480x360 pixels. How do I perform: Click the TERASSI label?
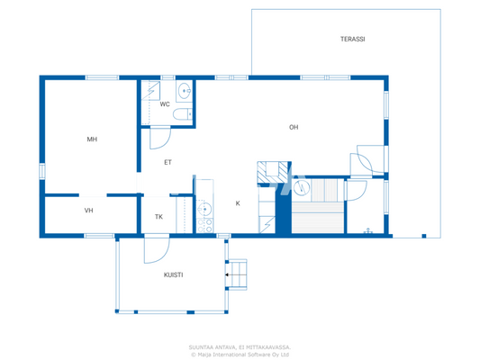pos(352,40)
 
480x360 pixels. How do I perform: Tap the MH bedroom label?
pos(92,139)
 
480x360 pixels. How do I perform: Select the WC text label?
pos(165,104)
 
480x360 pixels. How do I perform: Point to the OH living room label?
pos(294,128)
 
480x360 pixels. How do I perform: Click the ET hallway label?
pos(168,163)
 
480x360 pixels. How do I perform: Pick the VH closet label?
pos(89,211)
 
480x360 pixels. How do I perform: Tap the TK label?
pos(158,217)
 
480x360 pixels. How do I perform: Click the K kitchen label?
pos(238,203)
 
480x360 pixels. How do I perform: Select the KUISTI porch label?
pos(174,275)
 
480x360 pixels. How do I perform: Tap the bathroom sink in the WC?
pos(185,90)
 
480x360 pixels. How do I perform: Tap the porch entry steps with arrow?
pos(236,274)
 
